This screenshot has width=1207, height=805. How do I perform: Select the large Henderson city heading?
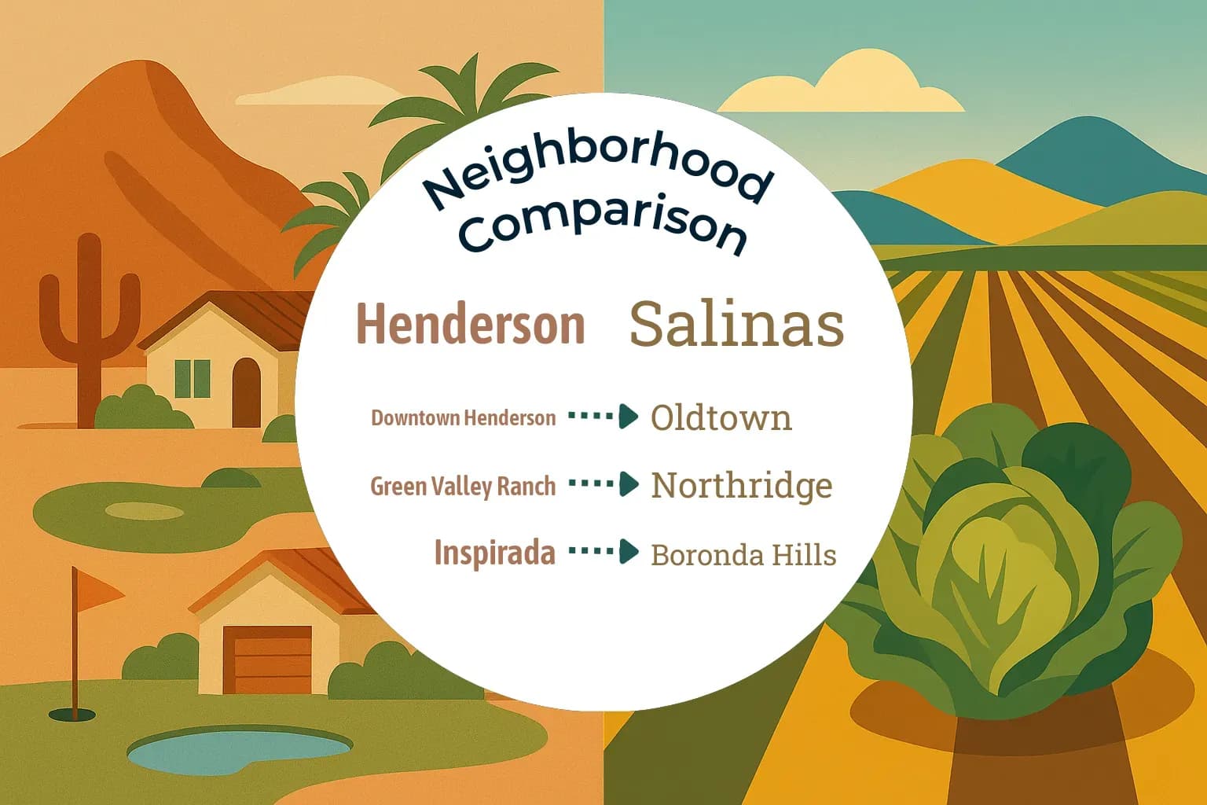[x=471, y=324]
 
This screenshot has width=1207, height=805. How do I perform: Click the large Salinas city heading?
[x=736, y=324]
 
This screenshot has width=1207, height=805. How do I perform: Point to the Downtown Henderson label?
[x=463, y=417]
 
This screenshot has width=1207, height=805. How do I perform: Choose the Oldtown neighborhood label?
[x=721, y=417]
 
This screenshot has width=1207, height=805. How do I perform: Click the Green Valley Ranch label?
[x=463, y=487]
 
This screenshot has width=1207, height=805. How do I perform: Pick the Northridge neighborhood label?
[x=741, y=486]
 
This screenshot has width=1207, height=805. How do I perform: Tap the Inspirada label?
[x=494, y=553]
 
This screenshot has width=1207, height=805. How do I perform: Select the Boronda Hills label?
[x=743, y=555]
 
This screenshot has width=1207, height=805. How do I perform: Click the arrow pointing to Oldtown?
[x=603, y=416]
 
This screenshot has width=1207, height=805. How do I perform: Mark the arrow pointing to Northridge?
[x=603, y=483]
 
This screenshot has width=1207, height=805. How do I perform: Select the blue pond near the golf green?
[x=239, y=751]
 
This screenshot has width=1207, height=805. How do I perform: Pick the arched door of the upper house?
[x=246, y=391]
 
